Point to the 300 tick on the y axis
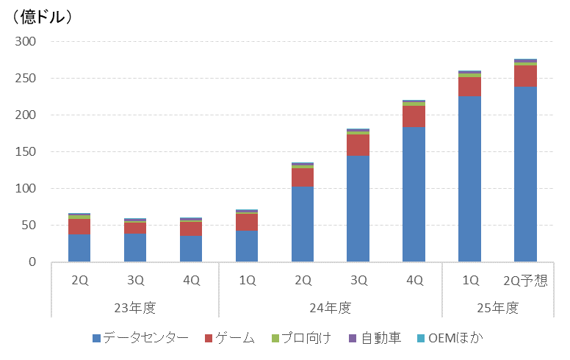[x=26, y=42]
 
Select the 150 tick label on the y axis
[x=26, y=152]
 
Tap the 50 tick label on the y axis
[x=29, y=226]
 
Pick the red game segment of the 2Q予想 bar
[x=525, y=76]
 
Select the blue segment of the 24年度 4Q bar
[x=414, y=195]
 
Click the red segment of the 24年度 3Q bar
[x=358, y=145]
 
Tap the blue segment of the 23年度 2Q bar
[x=79, y=248]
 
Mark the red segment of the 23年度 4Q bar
[x=191, y=228]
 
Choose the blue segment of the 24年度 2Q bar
[x=303, y=224]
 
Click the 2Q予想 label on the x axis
[x=525, y=281]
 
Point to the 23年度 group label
[x=135, y=308]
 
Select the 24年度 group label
[x=330, y=308]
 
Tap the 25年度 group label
[x=497, y=308]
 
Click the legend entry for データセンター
[x=140, y=338]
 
